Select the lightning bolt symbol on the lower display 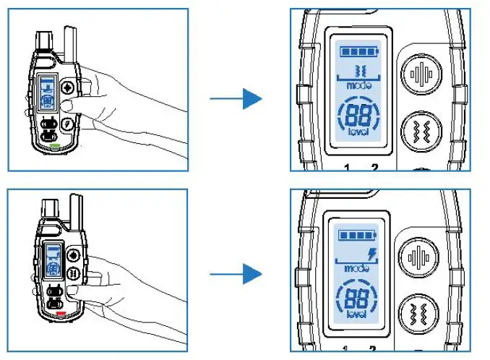(x=372, y=254)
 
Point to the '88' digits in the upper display (x=356, y=115)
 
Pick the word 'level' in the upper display (x=356, y=134)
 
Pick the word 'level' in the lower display (x=355, y=315)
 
